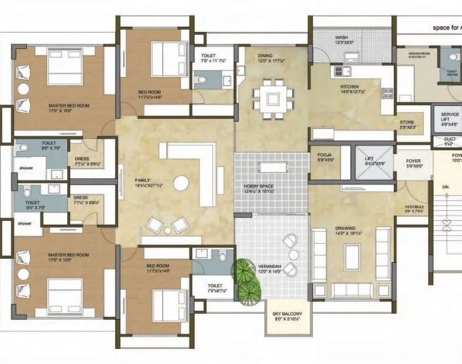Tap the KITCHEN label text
[350, 86]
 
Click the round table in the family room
[182, 180]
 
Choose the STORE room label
[407, 122]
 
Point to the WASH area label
[341, 38]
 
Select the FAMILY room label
[142, 180]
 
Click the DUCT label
[450, 139]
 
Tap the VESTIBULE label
[414, 207]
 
